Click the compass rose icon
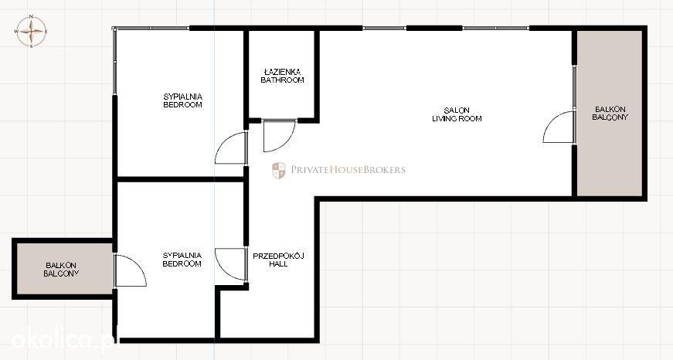(32, 31)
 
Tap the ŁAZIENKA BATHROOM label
(283, 76)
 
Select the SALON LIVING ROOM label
(457, 114)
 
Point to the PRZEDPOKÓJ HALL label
(278, 260)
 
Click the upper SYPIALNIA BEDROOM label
(183, 100)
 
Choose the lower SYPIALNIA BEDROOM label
(182, 259)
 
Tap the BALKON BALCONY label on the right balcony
(610, 114)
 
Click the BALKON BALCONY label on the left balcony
(61, 270)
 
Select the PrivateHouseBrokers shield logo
(279, 171)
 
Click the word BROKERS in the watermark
(384, 169)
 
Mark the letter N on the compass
(31, 16)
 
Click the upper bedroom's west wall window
(114, 61)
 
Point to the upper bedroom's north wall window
(152, 29)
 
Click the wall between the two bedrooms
(180, 179)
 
